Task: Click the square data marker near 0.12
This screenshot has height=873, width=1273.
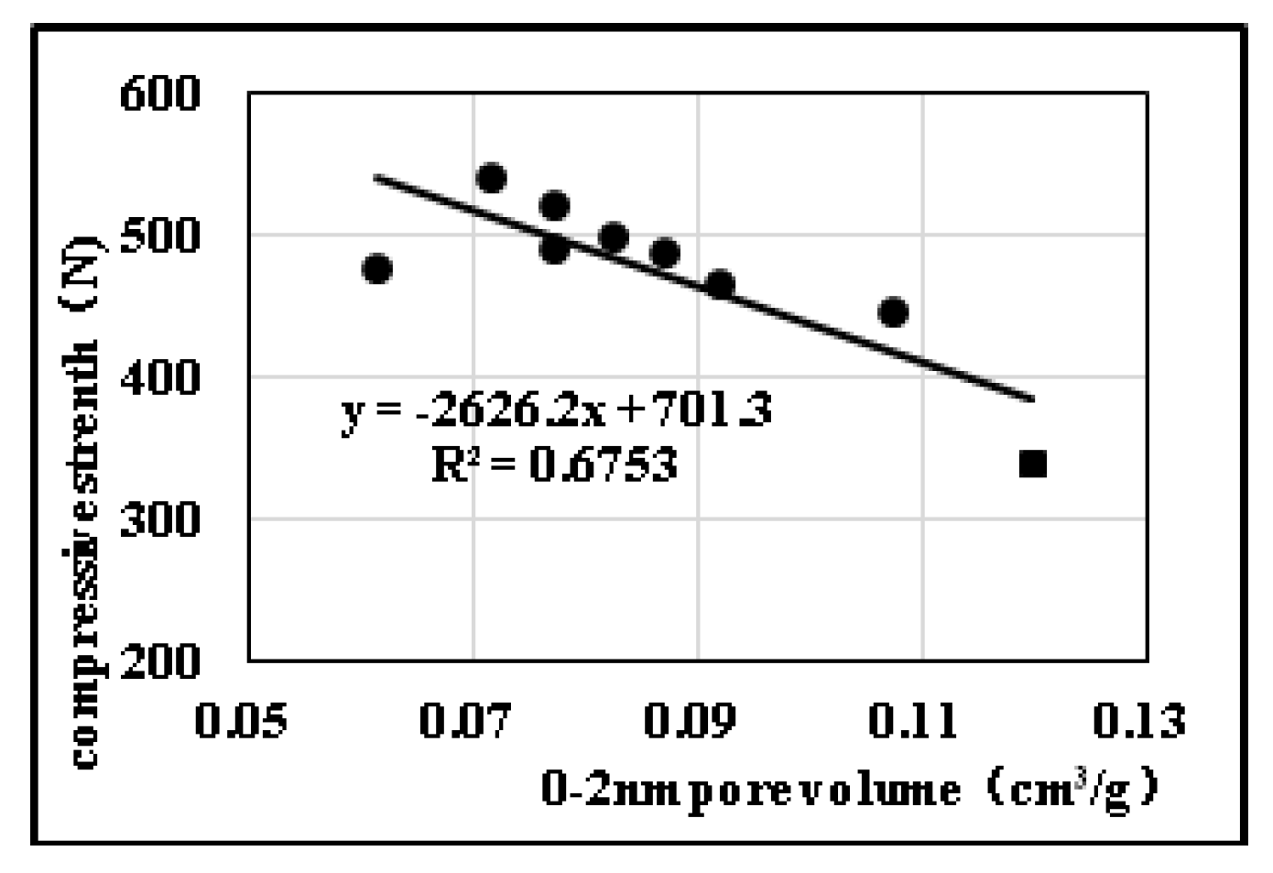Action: click(x=1033, y=464)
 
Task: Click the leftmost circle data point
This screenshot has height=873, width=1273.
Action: click(x=377, y=268)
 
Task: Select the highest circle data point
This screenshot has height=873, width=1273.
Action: click(x=492, y=178)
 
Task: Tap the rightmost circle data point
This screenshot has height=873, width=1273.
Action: click(x=893, y=312)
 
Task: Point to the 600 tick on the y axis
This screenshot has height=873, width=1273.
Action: click(x=160, y=93)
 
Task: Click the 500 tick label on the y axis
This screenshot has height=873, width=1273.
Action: click(x=160, y=236)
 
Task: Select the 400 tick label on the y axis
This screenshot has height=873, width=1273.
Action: click(x=160, y=377)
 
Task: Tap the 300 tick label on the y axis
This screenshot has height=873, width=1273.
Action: click(x=160, y=519)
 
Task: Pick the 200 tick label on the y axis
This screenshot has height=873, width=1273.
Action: click(x=160, y=661)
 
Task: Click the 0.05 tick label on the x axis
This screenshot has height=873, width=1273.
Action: click(x=241, y=721)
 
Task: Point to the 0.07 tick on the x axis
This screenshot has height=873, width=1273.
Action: click(x=465, y=721)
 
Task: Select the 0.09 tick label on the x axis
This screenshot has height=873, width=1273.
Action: click(x=691, y=721)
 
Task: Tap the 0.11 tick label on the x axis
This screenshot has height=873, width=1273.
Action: click(x=914, y=721)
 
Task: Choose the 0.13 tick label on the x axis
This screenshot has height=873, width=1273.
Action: click(x=1139, y=721)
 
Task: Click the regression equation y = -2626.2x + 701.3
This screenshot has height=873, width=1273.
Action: click(x=557, y=410)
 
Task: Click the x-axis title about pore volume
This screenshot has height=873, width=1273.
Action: click(x=850, y=790)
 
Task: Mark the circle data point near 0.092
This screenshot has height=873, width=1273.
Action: click(x=721, y=285)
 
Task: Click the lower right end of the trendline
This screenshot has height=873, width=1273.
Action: click(x=1032, y=398)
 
